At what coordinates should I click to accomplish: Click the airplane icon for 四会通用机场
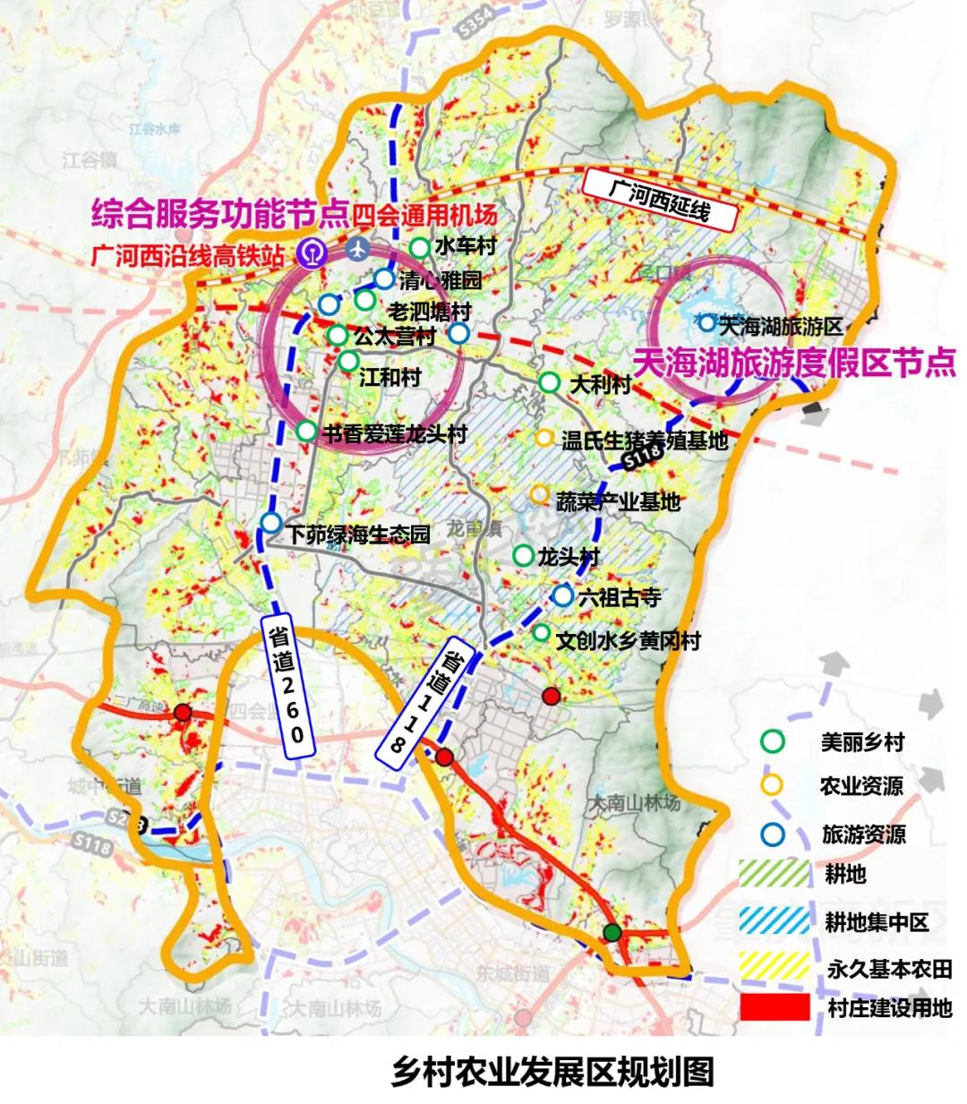pos(360,248)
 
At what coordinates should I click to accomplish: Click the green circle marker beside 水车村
pos(419,248)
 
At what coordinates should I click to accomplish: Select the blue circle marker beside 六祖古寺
pos(562,596)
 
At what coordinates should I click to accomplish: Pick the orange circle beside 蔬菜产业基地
pos(539,494)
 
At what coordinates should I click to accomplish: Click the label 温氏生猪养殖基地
pos(644,440)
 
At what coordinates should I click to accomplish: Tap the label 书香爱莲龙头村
pos(395,435)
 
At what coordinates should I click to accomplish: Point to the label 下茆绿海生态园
pos(358,535)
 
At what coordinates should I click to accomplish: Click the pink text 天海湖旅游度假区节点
pos(794,363)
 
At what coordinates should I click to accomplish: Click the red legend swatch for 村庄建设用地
pos(774,1006)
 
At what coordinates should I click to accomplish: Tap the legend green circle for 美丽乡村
pos(772,742)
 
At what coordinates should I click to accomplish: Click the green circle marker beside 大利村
pos(549,383)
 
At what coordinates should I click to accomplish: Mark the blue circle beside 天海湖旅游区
pos(707,323)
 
